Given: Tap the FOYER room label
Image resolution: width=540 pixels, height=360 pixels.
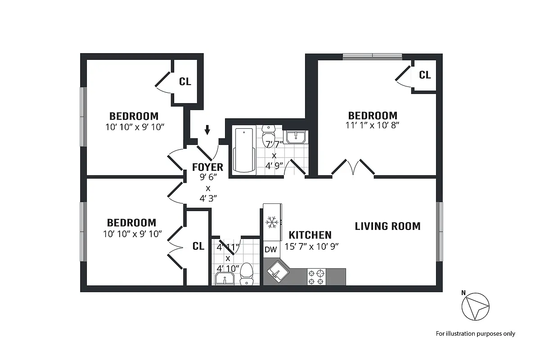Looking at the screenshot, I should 207,167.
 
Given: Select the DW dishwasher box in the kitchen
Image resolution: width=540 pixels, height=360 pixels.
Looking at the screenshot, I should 270,250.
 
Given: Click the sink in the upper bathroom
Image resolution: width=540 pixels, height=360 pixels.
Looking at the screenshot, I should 296,136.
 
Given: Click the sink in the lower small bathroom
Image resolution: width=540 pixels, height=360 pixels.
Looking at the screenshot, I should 224,279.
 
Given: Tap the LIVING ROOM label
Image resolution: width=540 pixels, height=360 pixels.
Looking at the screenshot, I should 387,226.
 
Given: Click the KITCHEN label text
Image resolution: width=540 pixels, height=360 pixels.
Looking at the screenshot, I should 310,235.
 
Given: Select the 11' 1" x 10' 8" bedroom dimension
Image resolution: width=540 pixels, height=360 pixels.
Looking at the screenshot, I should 373,125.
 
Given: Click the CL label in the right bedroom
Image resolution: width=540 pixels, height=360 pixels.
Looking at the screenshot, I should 424,75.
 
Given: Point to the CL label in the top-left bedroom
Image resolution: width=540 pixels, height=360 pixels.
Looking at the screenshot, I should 185,81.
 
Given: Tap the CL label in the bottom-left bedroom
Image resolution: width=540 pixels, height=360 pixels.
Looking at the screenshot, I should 198,246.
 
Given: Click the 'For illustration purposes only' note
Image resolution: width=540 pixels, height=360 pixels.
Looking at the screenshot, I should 475,333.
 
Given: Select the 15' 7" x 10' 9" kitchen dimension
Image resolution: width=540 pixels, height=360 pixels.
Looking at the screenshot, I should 311,246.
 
